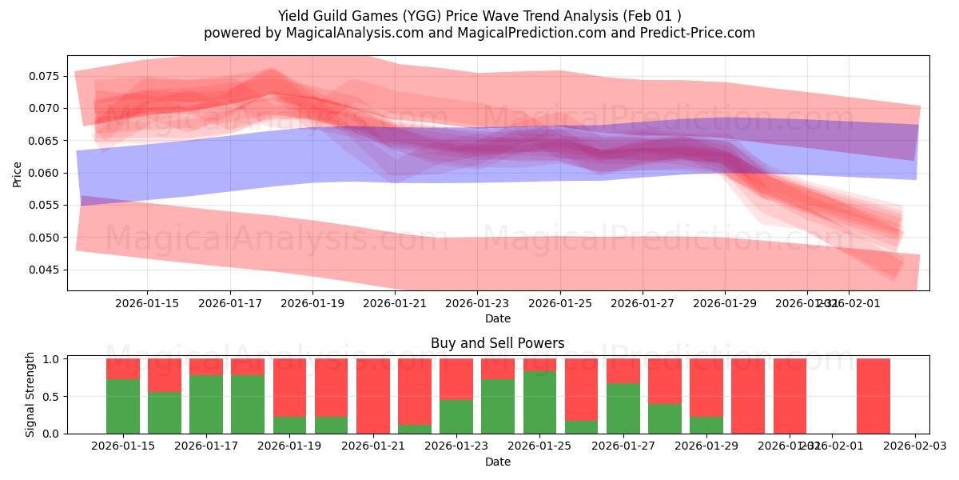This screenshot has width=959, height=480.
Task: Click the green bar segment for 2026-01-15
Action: click(123, 406)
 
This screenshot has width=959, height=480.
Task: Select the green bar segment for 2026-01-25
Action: click(540, 402)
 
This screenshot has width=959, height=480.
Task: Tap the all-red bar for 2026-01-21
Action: click(373, 396)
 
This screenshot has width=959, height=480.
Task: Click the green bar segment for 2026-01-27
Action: click(623, 408)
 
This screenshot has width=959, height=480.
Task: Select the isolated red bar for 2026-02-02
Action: click(873, 396)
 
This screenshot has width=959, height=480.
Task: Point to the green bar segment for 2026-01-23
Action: click(456, 416)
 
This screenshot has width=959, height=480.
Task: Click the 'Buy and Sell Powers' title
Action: click(497, 343)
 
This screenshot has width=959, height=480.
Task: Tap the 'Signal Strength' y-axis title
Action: click(30, 394)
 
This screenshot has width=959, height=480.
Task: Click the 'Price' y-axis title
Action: click(18, 174)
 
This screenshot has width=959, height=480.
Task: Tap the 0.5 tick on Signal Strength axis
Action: click(50, 396)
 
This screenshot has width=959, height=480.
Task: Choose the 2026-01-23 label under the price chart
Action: click(476, 303)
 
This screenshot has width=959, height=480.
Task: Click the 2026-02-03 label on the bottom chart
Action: click(914, 446)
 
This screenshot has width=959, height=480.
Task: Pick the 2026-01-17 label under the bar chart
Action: click(206, 446)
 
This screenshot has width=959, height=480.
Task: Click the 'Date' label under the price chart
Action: click(497, 318)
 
